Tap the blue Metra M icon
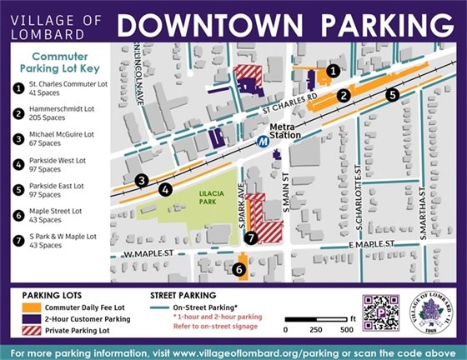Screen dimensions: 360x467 pos(264,142)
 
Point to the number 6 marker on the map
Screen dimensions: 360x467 pos(239,270)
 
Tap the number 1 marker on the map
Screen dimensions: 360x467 pos(333,72)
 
